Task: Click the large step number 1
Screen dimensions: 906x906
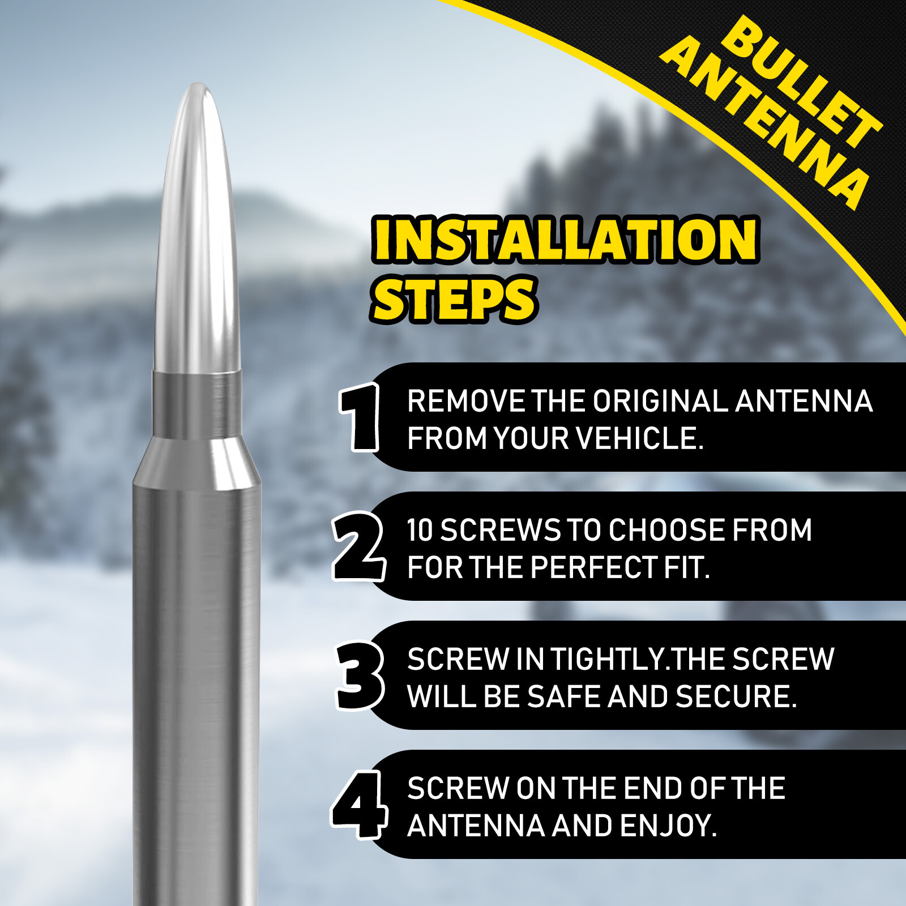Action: point(360,417)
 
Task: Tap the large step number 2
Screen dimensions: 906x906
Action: point(358,546)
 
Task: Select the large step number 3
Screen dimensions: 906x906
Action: point(360,675)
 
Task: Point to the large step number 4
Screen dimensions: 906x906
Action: point(360,804)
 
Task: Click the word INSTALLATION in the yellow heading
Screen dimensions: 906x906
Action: point(565,240)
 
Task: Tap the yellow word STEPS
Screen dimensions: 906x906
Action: point(454,300)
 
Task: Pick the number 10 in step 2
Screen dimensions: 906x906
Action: point(420,531)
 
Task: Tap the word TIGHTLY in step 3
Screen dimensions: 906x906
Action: point(608,660)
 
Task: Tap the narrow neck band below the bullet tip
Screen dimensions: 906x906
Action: point(196,404)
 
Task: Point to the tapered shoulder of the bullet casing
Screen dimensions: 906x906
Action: point(196,459)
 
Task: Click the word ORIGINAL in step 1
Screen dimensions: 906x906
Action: point(660,401)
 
